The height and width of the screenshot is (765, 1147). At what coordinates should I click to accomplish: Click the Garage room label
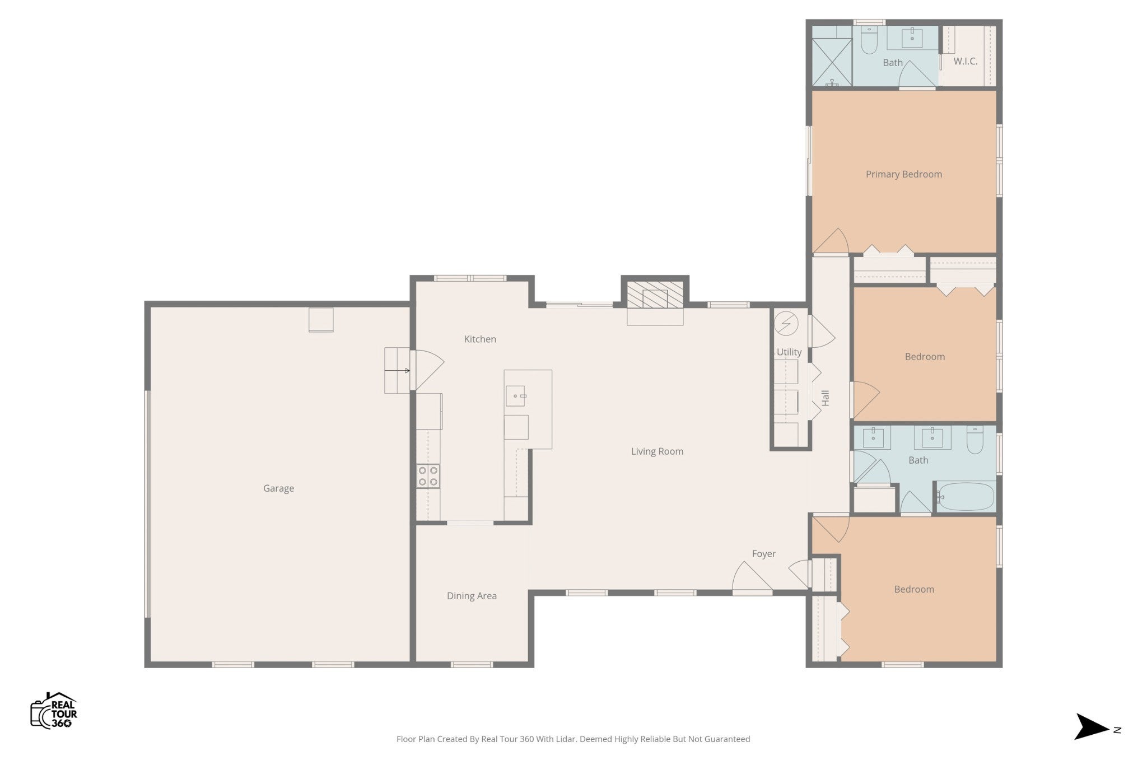[x=278, y=488]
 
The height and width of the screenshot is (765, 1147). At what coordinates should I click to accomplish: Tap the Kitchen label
[x=480, y=339]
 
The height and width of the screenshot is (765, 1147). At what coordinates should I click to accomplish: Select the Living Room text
[x=657, y=451]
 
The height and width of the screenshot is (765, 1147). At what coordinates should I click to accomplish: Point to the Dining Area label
[x=472, y=596]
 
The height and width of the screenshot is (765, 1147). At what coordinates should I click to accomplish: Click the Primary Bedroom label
[x=903, y=174]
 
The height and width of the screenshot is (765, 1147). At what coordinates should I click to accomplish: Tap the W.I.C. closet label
[x=966, y=61]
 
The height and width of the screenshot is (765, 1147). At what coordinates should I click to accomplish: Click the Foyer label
[x=763, y=554]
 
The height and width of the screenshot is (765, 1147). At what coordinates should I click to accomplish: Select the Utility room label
[x=789, y=352]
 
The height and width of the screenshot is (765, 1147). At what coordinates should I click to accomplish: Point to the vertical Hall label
[x=825, y=398]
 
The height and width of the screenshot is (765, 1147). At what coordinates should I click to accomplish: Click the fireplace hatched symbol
[x=655, y=295]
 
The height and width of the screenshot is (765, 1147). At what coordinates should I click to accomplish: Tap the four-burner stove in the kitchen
[x=428, y=476]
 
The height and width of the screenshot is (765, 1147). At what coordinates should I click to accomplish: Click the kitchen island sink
[x=515, y=396]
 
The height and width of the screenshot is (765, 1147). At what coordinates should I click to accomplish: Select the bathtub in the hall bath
[x=966, y=497]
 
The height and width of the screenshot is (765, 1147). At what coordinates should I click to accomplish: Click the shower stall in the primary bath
[x=832, y=62]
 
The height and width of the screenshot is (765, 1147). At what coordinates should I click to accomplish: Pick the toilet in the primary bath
[x=869, y=40]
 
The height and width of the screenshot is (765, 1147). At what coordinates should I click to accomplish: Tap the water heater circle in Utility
[x=786, y=323]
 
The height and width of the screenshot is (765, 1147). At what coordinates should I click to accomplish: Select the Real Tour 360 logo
[x=54, y=711]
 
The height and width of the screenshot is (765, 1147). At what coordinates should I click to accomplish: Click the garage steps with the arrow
[x=397, y=370]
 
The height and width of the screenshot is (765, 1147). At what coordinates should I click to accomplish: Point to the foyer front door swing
[x=752, y=576]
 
